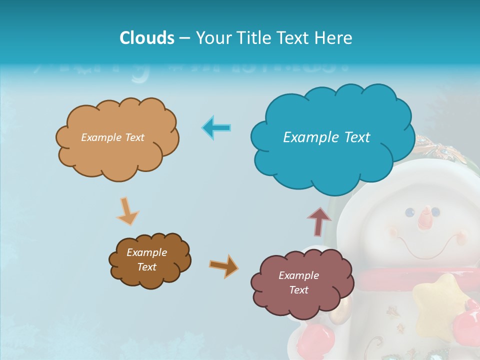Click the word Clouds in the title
[147, 38]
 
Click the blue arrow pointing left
[216, 128]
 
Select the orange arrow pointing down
[127, 211]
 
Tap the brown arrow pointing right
[224, 265]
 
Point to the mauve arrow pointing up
[319, 221]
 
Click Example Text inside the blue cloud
[326, 137]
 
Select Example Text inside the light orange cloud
[112, 137]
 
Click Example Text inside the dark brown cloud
[146, 260]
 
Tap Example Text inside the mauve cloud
[298, 282]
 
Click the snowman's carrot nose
[425, 218]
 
